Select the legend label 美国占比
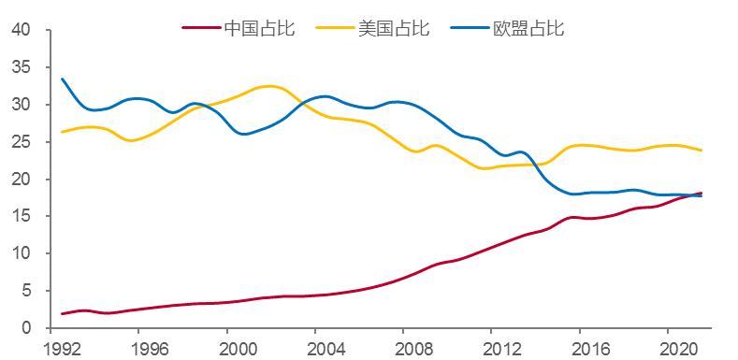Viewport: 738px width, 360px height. tap(394, 27)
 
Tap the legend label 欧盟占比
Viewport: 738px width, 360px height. tap(528, 27)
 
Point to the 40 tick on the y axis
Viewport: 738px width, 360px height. tap(22, 30)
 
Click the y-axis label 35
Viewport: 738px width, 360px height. tap(22, 67)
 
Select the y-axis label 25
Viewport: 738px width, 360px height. tap(22, 142)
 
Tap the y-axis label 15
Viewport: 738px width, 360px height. tap(22, 217)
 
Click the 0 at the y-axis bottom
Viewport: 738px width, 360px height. tap(27, 328)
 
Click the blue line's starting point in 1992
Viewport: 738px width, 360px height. tap(62, 79)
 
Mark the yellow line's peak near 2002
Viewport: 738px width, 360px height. tap(268, 86)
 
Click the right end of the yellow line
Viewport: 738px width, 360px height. tap(702, 151)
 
